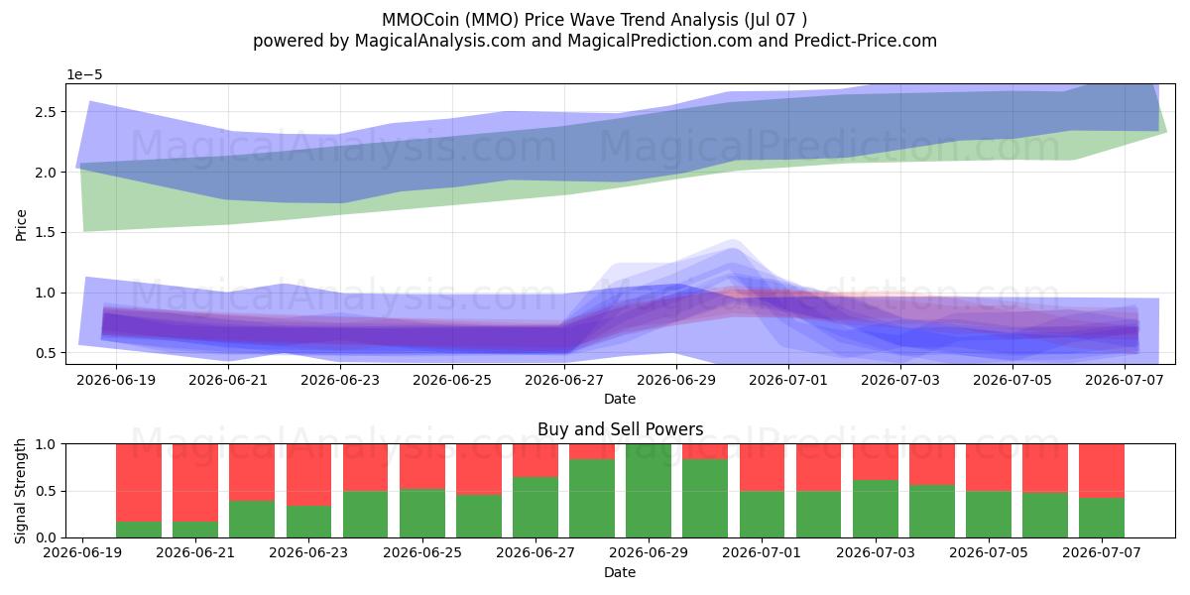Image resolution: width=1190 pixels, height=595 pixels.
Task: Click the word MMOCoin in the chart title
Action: click(419, 20)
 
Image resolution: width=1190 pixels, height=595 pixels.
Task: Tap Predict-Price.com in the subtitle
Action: click(866, 41)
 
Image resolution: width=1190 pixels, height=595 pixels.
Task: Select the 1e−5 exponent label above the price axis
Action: click(84, 75)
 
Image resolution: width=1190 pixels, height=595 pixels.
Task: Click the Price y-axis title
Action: click(21, 225)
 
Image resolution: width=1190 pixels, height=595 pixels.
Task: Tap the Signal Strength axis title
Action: click(20, 491)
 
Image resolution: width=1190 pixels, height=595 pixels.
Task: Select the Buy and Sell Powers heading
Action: click(621, 429)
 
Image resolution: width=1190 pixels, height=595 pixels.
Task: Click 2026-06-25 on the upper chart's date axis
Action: click(452, 381)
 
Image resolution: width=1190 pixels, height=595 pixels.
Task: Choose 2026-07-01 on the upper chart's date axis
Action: click(788, 381)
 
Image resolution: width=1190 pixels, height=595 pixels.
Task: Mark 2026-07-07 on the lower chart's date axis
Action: click(1102, 553)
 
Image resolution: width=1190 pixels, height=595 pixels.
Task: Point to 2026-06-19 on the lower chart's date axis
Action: click(82, 553)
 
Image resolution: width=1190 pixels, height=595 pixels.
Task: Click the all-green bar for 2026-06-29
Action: click(649, 491)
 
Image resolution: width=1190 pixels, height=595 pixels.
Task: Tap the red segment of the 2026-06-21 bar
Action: click(195, 483)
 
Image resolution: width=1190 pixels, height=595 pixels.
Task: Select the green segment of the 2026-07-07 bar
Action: click(1102, 518)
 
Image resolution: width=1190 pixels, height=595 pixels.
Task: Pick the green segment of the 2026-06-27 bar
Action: click(535, 508)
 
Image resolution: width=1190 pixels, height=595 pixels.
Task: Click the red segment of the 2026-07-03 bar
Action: click(876, 462)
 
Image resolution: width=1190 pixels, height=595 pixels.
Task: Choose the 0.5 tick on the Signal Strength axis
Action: click(48, 491)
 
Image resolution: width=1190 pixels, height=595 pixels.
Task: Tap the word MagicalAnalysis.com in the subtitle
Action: click(440, 41)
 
